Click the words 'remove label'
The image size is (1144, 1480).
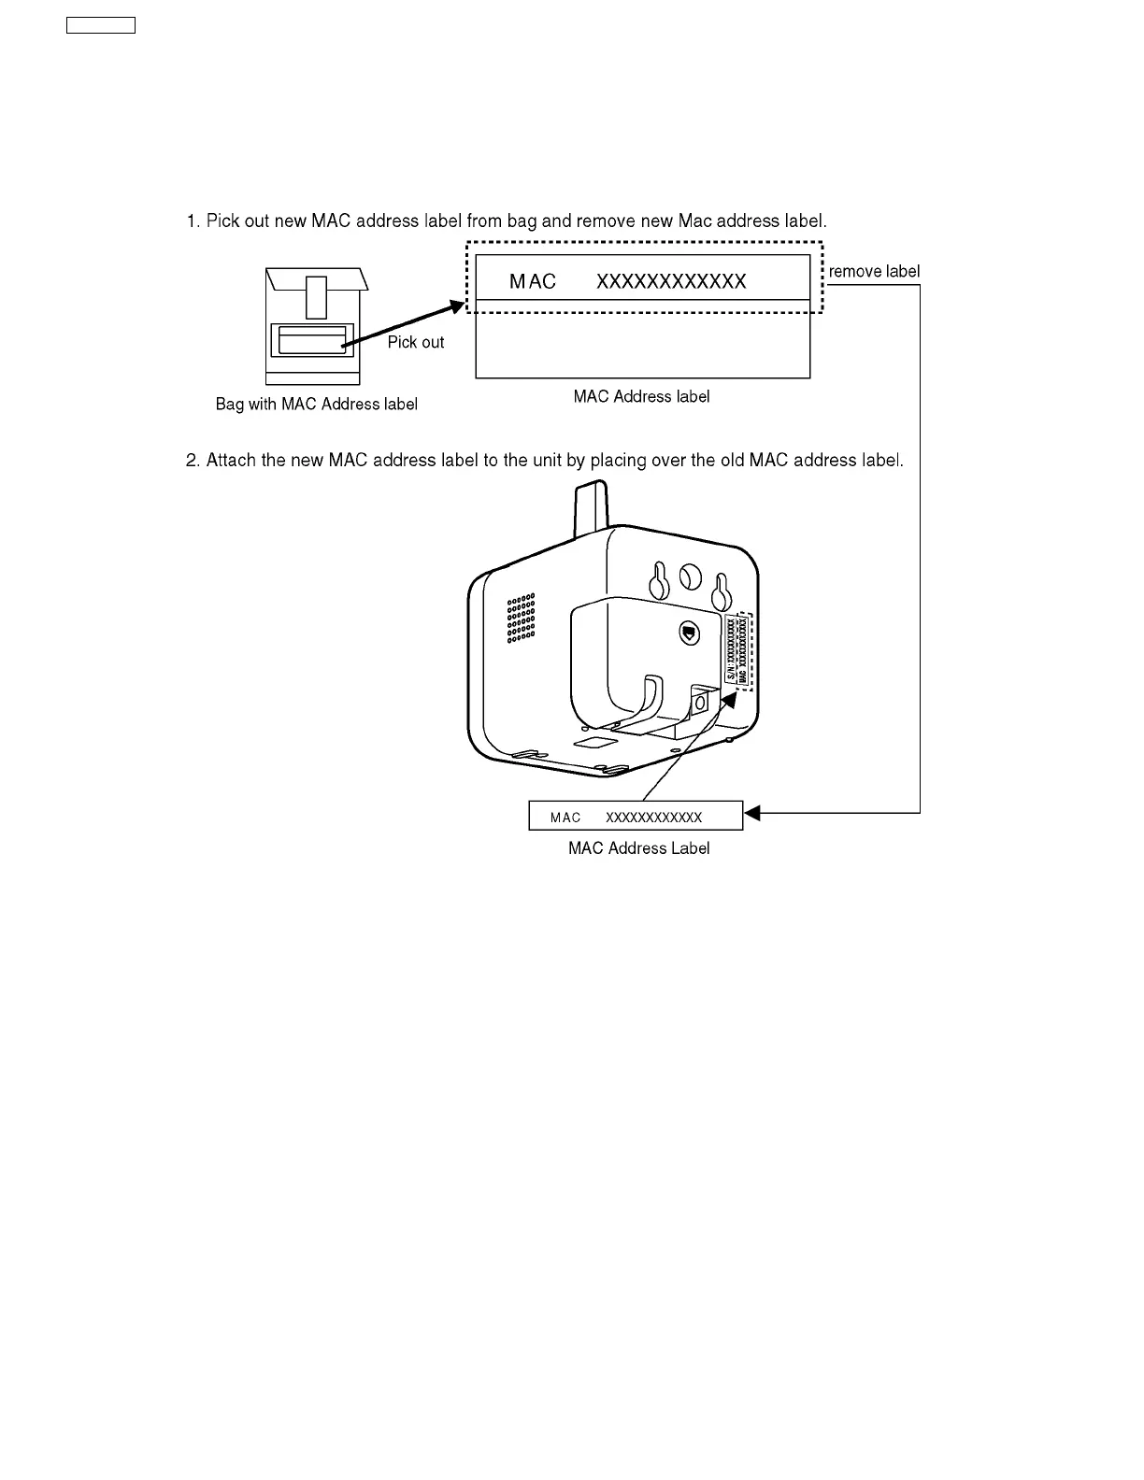[874, 272]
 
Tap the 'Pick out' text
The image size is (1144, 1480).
[416, 342]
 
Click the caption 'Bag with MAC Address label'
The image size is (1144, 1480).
[316, 405]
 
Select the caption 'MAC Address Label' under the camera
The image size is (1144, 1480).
[638, 848]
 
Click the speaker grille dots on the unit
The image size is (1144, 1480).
[522, 618]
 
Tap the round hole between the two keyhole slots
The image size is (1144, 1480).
[690, 576]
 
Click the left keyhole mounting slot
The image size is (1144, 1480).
[659, 582]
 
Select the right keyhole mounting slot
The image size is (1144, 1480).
[721, 591]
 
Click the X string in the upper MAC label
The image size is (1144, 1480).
[671, 282]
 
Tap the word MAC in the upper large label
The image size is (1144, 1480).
[533, 282]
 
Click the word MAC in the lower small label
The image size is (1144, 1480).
[565, 818]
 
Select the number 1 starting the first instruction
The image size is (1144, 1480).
[192, 221]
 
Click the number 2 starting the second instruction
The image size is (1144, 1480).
[192, 461]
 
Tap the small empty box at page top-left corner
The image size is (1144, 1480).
[101, 25]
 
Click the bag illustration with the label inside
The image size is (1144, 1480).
[313, 327]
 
